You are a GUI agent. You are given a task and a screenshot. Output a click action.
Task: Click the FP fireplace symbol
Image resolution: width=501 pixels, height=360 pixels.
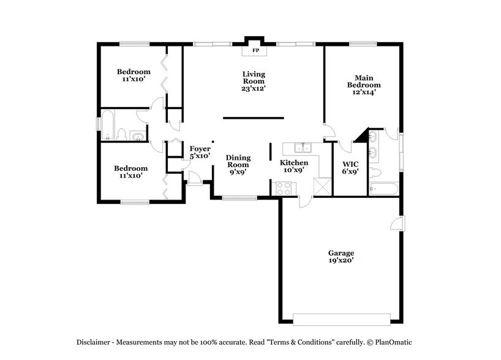point(255,50)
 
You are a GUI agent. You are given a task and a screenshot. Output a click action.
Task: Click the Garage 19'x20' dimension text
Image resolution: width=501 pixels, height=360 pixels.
point(341,260)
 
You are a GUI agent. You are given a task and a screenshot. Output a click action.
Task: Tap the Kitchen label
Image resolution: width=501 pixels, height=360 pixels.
point(293,162)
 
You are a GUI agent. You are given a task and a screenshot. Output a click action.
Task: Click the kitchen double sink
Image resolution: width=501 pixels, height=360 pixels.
point(302,148)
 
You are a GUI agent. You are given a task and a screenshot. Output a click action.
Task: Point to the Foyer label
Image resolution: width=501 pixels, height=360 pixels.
point(200,149)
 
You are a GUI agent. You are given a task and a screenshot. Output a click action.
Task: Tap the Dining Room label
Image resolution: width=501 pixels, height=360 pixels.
point(238,161)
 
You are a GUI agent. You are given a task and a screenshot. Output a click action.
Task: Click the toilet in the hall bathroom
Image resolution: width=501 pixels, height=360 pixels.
point(122,135)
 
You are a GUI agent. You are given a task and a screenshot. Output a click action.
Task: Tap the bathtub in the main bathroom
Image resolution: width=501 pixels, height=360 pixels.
point(384,189)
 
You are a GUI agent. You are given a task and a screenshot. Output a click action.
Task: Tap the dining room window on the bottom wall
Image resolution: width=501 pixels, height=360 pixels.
point(239,198)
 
